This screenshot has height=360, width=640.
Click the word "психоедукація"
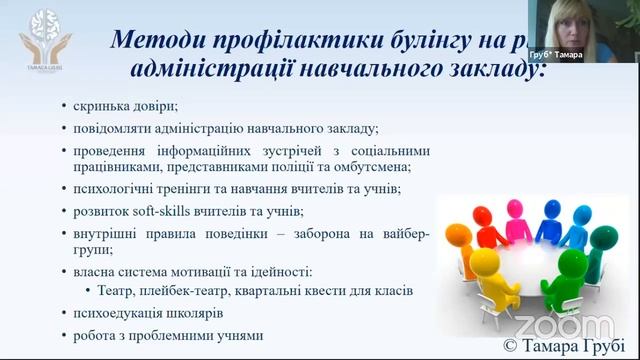123,313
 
